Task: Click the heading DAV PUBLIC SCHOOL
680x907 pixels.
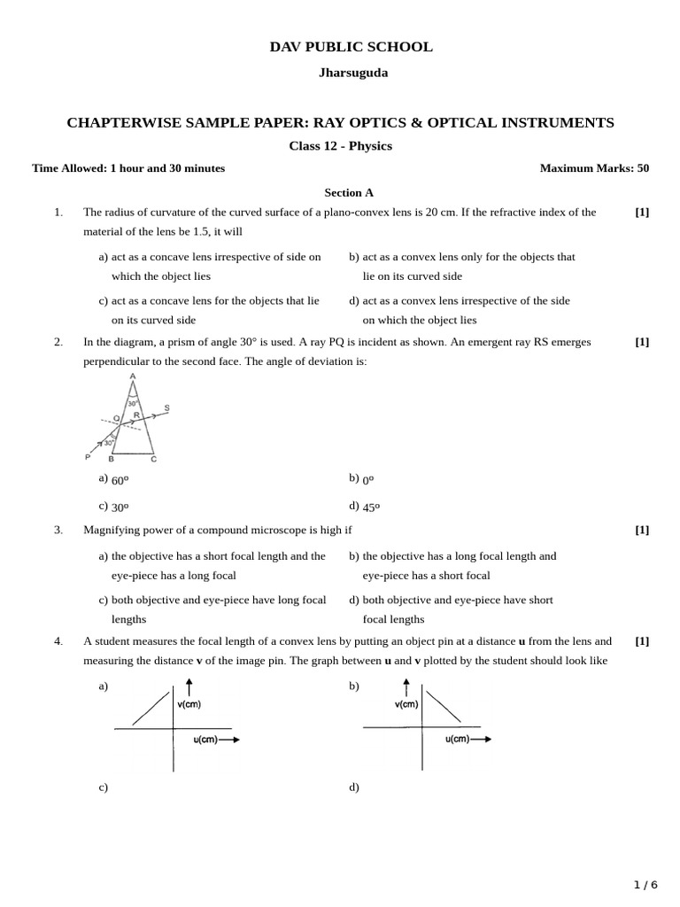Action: tap(352, 47)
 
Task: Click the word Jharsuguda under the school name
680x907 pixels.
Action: tap(352, 73)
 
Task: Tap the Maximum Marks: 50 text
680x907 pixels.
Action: tap(594, 168)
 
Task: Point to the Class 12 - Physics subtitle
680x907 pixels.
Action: tap(340, 146)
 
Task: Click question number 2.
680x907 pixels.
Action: tap(58, 342)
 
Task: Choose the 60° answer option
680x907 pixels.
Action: tap(120, 480)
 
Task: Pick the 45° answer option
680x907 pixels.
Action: tap(371, 508)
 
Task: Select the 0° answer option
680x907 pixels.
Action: tap(368, 480)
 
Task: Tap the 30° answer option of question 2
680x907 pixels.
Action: tap(120, 508)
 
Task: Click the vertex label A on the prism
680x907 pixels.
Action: tap(133, 376)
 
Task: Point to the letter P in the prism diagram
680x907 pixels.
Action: tap(88, 457)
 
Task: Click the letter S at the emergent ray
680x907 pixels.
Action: tap(166, 408)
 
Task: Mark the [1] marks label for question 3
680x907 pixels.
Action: tap(642, 530)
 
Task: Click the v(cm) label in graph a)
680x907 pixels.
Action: tap(189, 705)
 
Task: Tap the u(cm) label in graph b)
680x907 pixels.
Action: tap(457, 739)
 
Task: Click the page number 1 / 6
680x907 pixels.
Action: tap(645, 885)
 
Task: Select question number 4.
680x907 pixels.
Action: tap(58, 641)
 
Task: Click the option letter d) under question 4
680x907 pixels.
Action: tap(354, 787)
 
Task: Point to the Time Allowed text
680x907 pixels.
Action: tap(128, 168)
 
